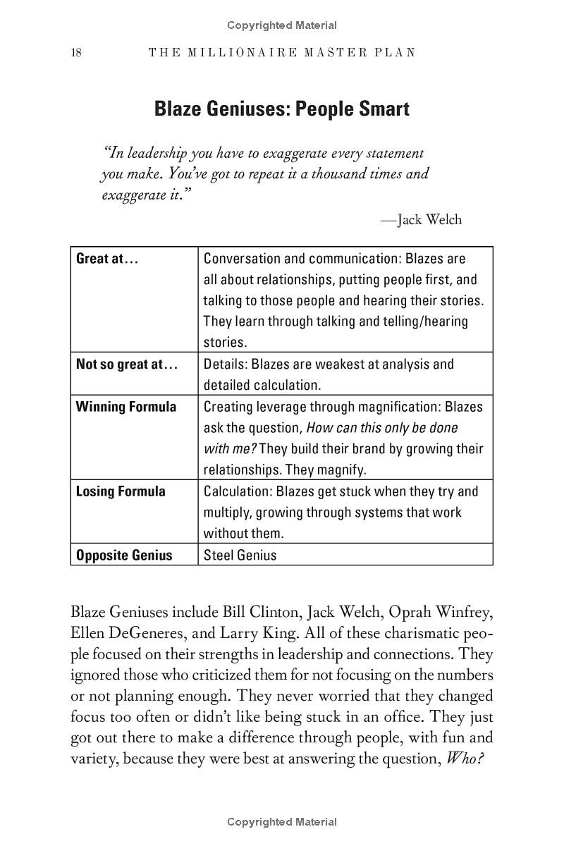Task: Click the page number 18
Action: (x=76, y=53)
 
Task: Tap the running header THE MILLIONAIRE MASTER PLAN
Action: (x=282, y=53)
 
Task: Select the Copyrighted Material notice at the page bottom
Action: (x=282, y=821)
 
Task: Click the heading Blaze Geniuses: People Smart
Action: (x=281, y=110)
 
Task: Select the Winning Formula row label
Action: (x=126, y=407)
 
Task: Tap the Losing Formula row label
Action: (x=121, y=491)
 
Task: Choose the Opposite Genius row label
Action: (x=124, y=555)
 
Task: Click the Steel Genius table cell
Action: (x=240, y=555)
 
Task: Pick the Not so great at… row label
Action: (x=127, y=364)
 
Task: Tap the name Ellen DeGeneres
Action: (x=129, y=632)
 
